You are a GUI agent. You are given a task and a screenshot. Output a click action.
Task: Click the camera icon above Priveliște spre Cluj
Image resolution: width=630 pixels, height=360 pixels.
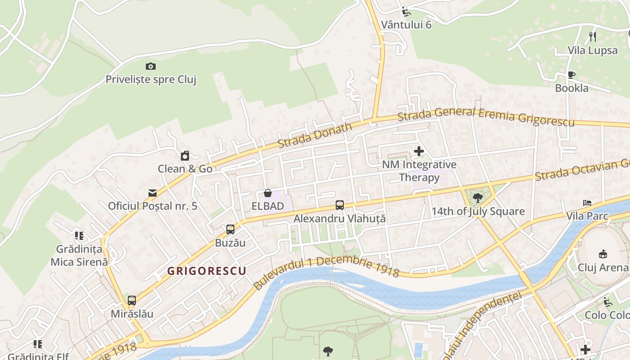point(151,67)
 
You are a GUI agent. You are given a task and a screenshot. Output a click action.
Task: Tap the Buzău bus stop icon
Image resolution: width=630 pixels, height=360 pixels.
point(230,229)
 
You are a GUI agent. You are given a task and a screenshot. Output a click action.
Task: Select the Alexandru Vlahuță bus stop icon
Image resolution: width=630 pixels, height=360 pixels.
point(340,205)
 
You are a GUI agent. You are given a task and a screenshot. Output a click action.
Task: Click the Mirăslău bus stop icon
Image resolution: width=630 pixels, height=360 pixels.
point(132,301)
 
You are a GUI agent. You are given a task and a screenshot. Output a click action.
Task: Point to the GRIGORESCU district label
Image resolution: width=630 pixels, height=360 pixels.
point(207,271)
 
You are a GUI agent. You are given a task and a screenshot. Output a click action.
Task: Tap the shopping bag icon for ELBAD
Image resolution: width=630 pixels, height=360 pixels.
point(268,193)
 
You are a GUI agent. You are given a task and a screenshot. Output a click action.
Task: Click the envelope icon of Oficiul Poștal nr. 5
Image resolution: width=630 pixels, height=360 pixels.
point(153,193)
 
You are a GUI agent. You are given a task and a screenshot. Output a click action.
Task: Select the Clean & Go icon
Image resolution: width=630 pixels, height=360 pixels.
point(185,156)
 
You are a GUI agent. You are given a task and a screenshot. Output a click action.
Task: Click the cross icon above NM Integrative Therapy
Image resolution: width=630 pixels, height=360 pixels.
point(419,151)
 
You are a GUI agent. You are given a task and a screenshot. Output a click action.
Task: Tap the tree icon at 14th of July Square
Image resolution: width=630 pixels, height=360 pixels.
point(478,198)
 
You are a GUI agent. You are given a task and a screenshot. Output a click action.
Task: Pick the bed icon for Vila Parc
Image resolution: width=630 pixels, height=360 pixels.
point(587,203)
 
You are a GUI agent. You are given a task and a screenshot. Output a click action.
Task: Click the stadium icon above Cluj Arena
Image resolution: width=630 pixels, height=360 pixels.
point(603,254)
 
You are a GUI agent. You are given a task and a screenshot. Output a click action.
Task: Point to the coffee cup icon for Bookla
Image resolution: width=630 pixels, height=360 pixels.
point(571,75)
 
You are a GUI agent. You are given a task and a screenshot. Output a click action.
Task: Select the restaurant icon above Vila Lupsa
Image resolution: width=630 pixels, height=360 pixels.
point(593,37)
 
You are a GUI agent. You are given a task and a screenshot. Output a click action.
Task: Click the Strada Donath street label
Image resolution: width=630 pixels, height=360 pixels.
point(315,135)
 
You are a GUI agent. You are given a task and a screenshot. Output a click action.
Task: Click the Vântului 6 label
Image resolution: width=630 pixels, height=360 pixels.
point(406,24)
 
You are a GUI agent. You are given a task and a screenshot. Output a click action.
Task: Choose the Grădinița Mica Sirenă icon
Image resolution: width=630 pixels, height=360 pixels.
point(79,235)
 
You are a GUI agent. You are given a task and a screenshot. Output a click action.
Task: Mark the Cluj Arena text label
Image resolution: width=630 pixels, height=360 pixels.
point(603,267)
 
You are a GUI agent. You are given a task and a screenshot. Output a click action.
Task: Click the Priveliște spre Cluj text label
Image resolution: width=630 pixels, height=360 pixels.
point(151,80)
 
